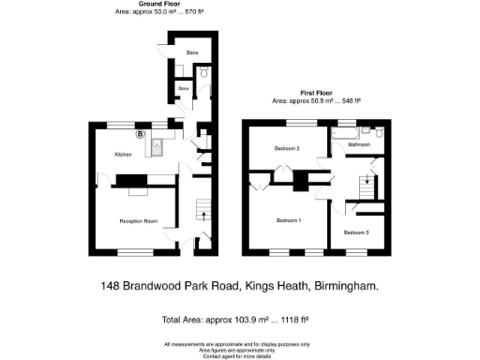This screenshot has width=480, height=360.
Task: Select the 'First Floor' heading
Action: pyautogui.click(x=319, y=92)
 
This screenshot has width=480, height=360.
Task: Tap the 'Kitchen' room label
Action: pyautogui.click(x=123, y=155)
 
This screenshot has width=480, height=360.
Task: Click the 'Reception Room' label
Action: pyautogui.click(x=138, y=220)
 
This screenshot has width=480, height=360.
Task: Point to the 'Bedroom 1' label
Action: pyautogui.click(x=288, y=220)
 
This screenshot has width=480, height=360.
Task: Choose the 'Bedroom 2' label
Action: pyautogui.click(x=287, y=149)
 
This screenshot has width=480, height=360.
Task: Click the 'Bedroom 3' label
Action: pyautogui.click(x=356, y=232)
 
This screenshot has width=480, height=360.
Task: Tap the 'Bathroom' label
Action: pyautogui.click(x=360, y=146)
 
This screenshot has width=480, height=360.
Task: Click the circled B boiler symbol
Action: pyautogui.click(x=141, y=134)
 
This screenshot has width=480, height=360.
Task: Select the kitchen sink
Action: pyautogui.click(x=158, y=144)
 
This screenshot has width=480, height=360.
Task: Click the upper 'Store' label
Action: pyautogui.click(x=191, y=52)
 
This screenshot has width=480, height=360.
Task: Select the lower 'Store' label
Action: pyautogui.click(x=184, y=89)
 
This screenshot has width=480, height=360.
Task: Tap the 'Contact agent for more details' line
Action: pyautogui.click(x=239, y=357)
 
